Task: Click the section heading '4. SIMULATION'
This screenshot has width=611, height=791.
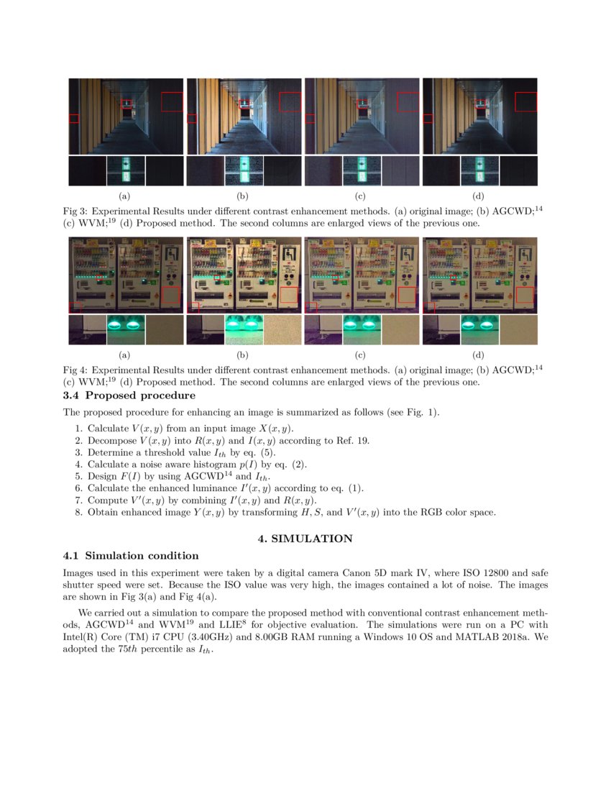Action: (305, 539)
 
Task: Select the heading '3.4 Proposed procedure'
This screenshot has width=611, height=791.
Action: (129, 395)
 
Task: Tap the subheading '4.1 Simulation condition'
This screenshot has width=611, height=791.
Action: (131, 556)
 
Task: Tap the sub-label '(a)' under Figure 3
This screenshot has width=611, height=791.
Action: (124, 196)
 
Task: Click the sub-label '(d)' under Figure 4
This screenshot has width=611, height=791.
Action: (478, 355)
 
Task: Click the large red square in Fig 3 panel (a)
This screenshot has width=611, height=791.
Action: (172, 101)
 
